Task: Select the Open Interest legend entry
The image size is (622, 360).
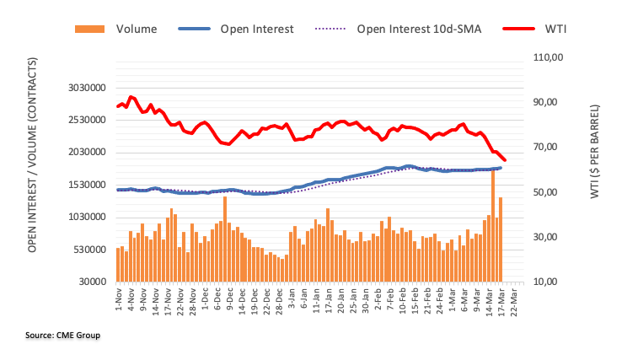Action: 256,29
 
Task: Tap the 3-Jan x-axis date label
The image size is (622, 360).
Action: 291,298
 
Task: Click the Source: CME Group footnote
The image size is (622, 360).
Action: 62,336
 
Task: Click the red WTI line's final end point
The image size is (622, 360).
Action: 505,160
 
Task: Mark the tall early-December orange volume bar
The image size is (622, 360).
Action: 225,239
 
